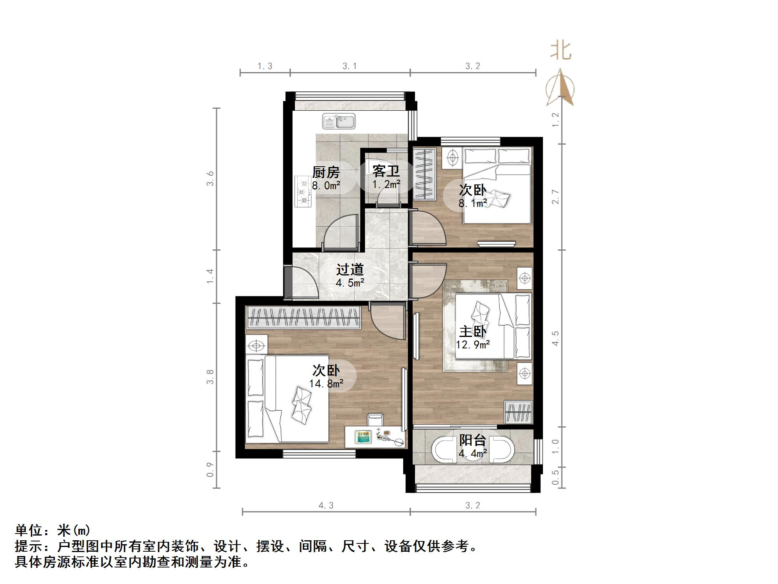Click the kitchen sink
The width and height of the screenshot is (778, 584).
click(x=339, y=121)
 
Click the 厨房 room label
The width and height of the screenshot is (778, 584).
click(x=326, y=173)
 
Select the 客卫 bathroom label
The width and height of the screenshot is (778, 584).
click(x=386, y=171)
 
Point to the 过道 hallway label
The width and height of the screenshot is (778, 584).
click(x=350, y=270)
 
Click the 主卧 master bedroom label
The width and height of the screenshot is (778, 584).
click(x=472, y=331)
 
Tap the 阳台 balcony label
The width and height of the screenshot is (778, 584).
click(x=472, y=440)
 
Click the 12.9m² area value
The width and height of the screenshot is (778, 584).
click(x=472, y=345)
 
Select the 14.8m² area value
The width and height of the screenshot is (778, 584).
click(x=326, y=383)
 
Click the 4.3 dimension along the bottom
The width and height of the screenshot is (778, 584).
click(x=326, y=506)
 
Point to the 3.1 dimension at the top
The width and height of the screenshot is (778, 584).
click(x=349, y=66)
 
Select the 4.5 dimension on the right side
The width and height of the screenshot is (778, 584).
click(x=556, y=338)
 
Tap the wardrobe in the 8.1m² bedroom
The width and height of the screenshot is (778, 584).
click(x=424, y=175)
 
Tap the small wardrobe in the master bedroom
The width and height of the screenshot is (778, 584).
click(x=519, y=412)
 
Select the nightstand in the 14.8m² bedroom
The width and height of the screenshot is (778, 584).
click(x=256, y=346)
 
